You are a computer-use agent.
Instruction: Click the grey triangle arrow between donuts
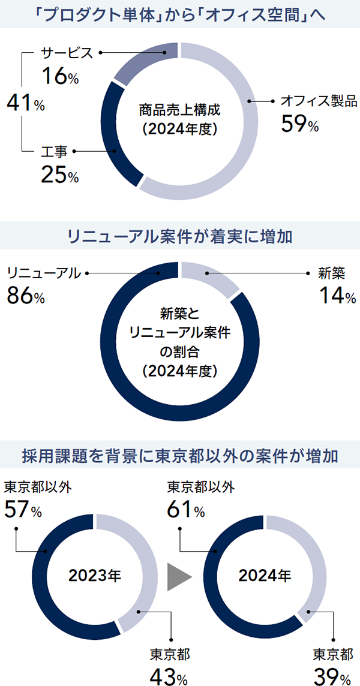pos(179,577)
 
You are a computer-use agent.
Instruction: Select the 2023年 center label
pos(94,577)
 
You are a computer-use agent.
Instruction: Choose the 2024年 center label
pos(265,577)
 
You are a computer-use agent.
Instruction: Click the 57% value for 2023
pos(23,510)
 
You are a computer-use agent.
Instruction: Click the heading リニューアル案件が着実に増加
pos(180,236)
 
